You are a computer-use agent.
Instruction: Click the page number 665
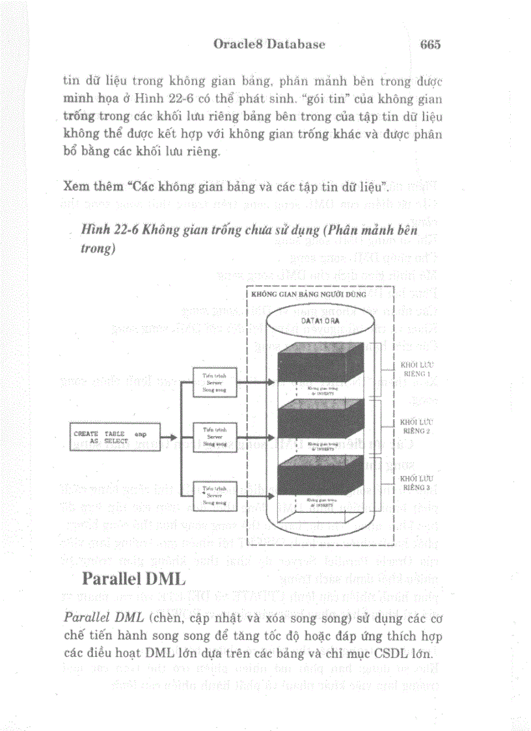pos(431,44)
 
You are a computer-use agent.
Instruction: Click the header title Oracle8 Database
pos(269,44)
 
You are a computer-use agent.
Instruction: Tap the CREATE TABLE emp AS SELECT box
pos(103,437)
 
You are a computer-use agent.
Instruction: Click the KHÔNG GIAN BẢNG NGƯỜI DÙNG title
pos(299,294)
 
